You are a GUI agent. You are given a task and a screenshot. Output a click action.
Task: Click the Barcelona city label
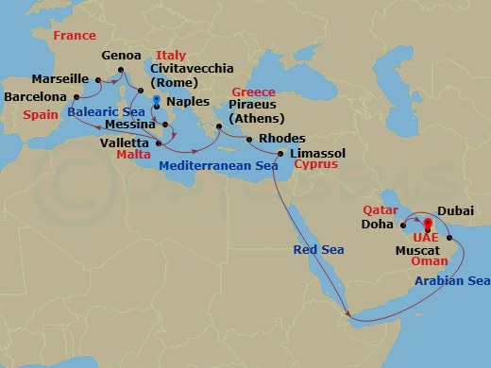pyautogui.click(x=34, y=96)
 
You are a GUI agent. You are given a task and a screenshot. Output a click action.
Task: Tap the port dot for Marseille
pyautogui.click(x=96, y=79)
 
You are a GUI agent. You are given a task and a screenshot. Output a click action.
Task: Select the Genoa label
pyautogui.click(x=119, y=54)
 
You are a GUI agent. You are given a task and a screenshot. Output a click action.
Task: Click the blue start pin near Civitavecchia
pyautogui.click(x=156, y=99)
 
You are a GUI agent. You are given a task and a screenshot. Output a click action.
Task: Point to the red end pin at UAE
pyautogui.click(x=427, y=225)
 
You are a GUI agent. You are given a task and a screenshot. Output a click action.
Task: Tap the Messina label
pyautogui.click(x=127, y=124)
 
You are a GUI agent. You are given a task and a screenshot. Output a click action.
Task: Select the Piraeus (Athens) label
pyautogui.click(x=256, y=111)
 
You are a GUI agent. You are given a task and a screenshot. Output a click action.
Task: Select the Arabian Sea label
pyautogui.click(x=452, y=281)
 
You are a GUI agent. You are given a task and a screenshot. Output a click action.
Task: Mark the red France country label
pyautogui.click(x=75, y=36)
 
